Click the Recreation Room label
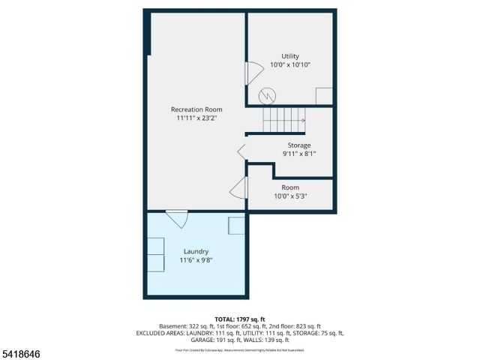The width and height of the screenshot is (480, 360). click(x=199, y=109)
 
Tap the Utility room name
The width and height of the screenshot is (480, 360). click(x=290, y=56)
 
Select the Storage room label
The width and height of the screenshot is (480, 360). click(x=299, y=145)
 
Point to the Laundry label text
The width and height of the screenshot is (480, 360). click(x=196, y=251)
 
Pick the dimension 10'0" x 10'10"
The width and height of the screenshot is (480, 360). click(x=290, y=65)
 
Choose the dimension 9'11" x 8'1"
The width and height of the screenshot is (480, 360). click(x=299, y=154)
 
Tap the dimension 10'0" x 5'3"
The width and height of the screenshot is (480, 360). click(x=290, y=196)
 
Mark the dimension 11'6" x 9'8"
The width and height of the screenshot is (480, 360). click(x=196, y=260)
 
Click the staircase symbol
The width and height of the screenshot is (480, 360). click(x=283, y=118)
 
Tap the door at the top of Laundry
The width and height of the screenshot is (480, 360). click(x=177, y=219)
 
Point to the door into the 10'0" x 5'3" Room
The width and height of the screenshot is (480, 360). click(x=239, y=188)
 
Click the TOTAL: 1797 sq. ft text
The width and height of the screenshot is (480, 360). click(x=240, y=319)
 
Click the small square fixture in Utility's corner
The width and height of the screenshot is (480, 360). click(x=324, y=96)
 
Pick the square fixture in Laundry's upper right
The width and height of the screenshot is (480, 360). click(x=236, y=226)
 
